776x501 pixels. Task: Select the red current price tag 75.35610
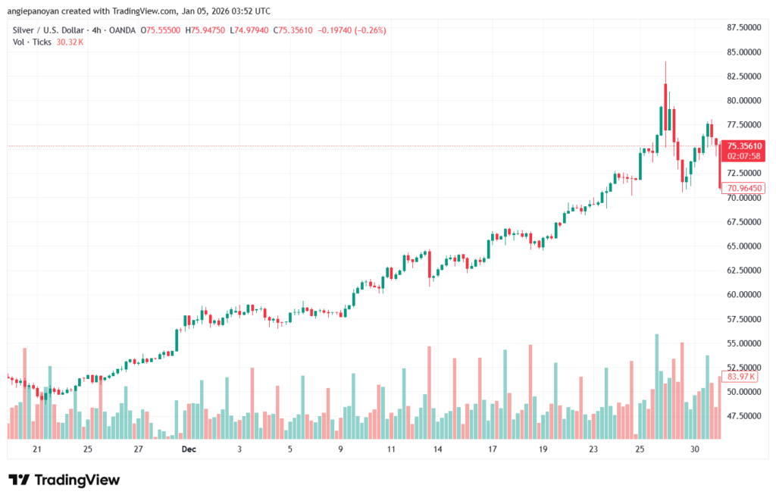point(743,146)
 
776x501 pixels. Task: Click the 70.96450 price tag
point(743,188)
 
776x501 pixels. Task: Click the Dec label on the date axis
point(188,449)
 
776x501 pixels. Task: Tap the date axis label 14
point(437,449)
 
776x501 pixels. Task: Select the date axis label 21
point(36,449)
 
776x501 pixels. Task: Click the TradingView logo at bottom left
point(64,480)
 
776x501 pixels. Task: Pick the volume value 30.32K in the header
point(70,42)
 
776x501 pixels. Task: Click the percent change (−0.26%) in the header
point(369,30)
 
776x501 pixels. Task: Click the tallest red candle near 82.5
point(665,106)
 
